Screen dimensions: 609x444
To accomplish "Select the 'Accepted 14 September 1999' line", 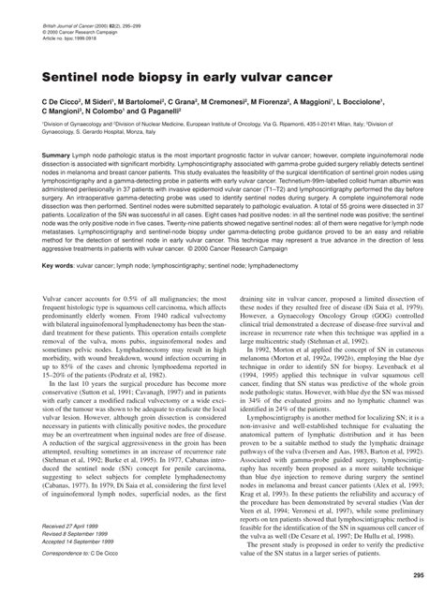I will click(x=81, y=542).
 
